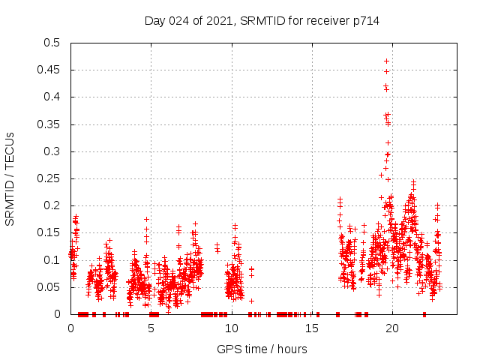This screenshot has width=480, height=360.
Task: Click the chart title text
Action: tap(261, 21)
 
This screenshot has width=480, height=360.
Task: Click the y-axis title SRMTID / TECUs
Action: tap(10, 178)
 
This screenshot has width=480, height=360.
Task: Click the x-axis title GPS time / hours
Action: tap(261, 349)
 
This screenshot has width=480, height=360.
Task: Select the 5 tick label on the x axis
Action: tap(151, 328)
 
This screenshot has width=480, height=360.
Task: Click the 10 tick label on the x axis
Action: tap(232, 328)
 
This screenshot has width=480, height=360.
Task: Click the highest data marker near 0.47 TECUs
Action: tap(387, 61)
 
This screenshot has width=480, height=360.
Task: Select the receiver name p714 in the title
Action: tap(365, 21)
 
